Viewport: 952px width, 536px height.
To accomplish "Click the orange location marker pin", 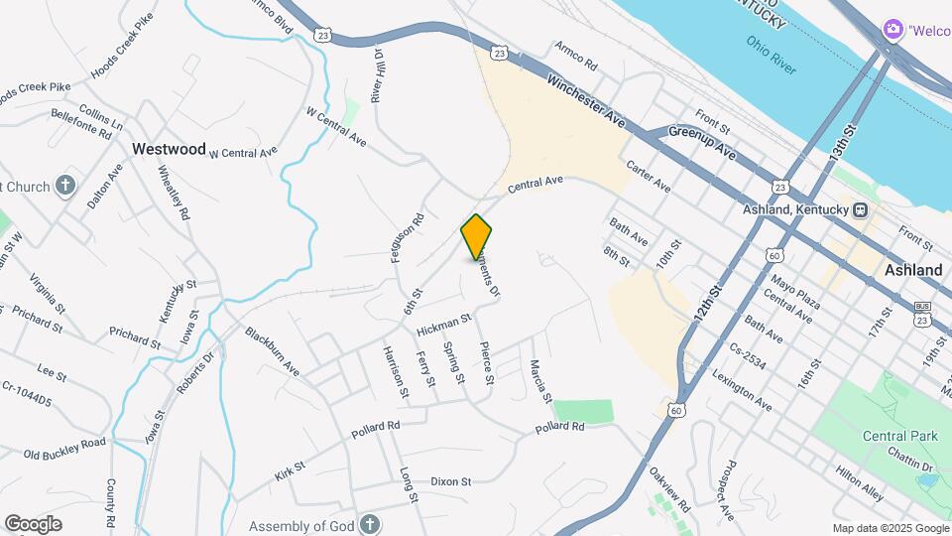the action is point(476,236).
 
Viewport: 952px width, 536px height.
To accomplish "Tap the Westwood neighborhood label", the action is point(169,149).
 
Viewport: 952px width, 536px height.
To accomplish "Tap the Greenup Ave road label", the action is point(701,142).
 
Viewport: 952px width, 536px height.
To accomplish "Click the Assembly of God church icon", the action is point(368,524).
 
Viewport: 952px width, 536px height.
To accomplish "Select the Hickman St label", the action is point(442,325).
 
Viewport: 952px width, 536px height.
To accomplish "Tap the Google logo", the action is point(33,524).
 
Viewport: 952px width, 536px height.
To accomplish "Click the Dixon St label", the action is point(450,481).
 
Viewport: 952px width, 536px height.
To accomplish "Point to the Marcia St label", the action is point(540,381).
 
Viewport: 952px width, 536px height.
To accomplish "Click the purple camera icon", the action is point(892,30).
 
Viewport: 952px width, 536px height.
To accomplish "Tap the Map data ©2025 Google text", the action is point(890,528).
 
